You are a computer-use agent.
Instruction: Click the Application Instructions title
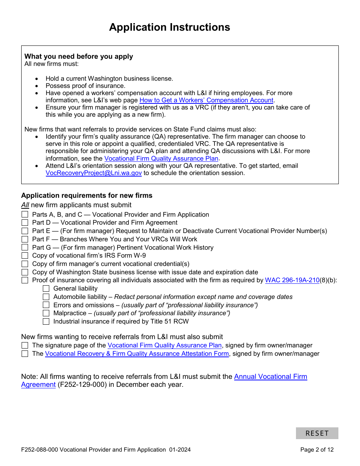(169, 27)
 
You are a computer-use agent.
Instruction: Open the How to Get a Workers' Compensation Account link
(207, 100)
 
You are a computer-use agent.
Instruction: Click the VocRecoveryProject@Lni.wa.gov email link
(94, 173)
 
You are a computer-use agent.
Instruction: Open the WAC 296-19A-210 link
(292, 280)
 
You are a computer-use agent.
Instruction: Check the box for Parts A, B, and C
(25, 215)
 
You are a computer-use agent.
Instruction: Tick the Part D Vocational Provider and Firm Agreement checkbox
(25, 223)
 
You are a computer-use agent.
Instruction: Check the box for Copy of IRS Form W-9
(25, 256)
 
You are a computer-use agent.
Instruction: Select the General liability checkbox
(46, 289)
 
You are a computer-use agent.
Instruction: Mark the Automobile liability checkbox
(46, 297)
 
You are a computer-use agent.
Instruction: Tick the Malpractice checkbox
(46, 313)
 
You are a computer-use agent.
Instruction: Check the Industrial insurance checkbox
(46, 322)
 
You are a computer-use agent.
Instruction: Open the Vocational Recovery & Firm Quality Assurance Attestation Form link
(137, 354)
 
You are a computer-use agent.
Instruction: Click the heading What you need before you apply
(79, 56)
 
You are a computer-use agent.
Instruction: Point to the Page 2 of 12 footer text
(317, 450)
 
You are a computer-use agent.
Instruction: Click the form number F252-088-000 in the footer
(39, 450)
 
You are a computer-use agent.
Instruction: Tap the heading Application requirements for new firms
(87, 195)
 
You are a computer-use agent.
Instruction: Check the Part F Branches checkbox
(25, 239)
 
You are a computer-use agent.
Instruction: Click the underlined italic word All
(25, 205)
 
